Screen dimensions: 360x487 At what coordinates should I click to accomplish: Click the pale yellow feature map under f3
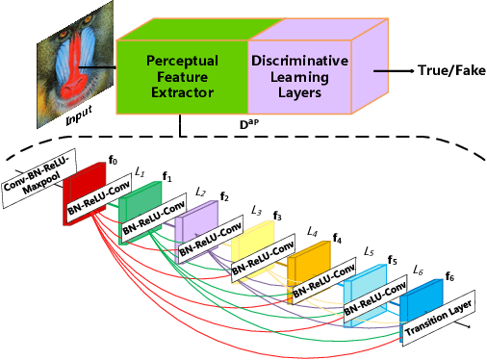point(255,241)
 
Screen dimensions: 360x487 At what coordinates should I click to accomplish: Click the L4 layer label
point(311,232)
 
